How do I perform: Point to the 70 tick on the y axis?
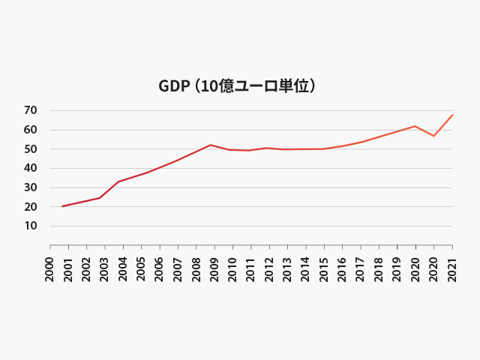(x=31, y=111)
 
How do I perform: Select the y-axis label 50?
(x=31, y=149)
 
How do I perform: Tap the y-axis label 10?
(x=31, y=226)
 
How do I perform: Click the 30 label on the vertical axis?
(x=31, y=187)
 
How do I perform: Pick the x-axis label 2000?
(x=50, y=269)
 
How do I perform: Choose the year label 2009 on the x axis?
(x=214, y=269)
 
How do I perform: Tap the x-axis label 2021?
(x=452, y=269)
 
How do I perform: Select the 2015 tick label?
(x=324, y=269)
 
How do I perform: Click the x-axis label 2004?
(x=123, y=269)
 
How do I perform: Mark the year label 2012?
(x=269, y=269)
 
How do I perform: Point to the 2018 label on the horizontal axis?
(x=379, y=269)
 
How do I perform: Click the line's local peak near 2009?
(x=211, y=145)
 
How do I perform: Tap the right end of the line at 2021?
(x=452, y=115)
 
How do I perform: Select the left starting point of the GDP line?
(x=62, y=206)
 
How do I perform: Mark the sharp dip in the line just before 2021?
(x=433, y=136)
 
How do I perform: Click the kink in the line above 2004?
(x=118, y=181)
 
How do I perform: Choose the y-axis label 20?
(x=31, y=207)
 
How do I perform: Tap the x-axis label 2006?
(x=160, y=269)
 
